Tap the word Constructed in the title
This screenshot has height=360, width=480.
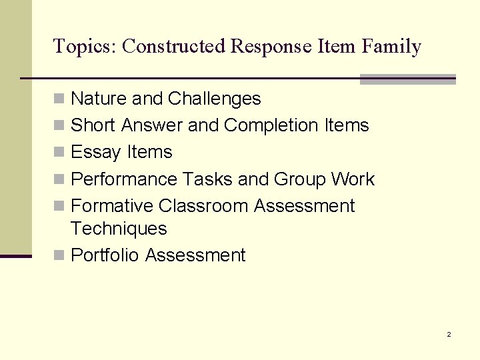pos(175,46)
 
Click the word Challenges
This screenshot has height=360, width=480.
pos(214,99)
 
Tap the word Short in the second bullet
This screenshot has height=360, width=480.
pos(93,125)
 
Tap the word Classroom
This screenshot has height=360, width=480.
pos(203,206)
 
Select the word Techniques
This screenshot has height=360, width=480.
pos(119,229)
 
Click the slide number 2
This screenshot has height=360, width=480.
pos(449,334)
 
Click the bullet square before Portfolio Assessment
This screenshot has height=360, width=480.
pos(59,256)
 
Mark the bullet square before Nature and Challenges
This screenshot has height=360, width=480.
pos(59,99)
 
